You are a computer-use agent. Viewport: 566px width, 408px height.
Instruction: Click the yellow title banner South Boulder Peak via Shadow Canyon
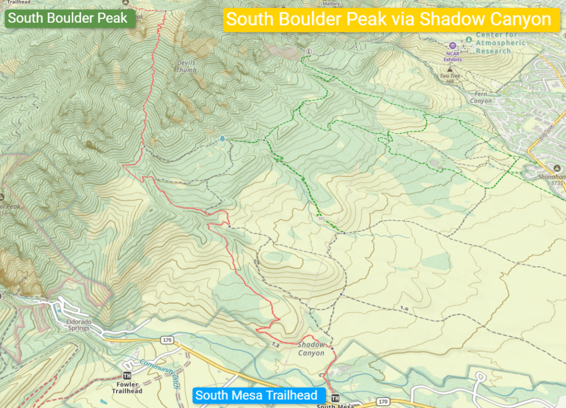tap(389, 20)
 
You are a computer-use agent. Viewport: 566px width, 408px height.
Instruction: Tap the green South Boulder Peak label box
tap(69, 18)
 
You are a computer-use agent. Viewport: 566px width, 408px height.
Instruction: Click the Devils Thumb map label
tap(186, 66)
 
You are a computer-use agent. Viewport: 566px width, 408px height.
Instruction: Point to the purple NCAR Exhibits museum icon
tap(453, 46)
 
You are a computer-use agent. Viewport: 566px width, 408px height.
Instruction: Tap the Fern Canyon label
tap(480, 97)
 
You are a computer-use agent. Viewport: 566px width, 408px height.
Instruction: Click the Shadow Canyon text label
tap(311, 349)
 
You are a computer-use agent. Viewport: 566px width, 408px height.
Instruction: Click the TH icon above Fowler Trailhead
tap(127, 375)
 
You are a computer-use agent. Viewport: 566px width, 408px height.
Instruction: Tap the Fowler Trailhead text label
tap(127, 388)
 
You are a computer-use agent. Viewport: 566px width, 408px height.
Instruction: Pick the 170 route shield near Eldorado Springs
tap(166, 339)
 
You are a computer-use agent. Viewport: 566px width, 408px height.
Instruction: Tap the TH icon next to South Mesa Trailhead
tap(334, 398)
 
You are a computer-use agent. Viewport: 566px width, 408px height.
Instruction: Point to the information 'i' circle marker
tap(308, 51)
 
